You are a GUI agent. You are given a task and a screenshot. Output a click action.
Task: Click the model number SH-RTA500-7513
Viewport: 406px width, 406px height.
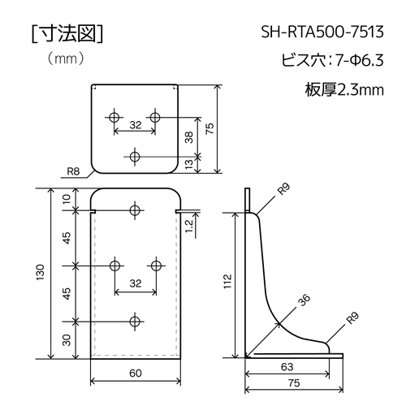[322, 32]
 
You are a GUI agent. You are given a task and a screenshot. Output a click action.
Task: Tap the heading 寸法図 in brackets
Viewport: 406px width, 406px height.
[67, 34]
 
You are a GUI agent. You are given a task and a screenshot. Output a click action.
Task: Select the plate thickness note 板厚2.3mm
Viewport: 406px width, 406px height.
[344, 89]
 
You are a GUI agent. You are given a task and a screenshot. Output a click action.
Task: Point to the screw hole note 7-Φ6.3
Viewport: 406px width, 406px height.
[360, 60]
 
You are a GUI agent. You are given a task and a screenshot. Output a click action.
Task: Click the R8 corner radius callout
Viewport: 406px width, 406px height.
[73, 171]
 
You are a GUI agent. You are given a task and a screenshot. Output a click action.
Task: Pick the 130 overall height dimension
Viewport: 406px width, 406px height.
[41, 272]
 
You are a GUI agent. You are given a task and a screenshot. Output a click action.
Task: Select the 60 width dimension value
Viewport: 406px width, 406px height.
[136, 373]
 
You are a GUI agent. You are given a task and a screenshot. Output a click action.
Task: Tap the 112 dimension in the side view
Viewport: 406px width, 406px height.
[228, 281]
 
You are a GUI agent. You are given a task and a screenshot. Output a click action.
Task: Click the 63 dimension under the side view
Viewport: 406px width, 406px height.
[287, 367]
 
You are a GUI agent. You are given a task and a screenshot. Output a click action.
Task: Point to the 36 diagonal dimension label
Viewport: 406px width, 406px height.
[304, 300]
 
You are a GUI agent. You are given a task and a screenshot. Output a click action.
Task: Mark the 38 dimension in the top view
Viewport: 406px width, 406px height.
[189, 137]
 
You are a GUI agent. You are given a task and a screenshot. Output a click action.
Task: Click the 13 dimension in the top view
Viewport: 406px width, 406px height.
[190, 164]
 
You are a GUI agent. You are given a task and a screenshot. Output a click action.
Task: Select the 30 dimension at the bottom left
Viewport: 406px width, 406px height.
[67, 340]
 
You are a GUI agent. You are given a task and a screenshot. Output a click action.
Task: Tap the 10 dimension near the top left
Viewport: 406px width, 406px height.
[67, 199]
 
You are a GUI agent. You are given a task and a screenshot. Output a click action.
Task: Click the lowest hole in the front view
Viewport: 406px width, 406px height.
[135, 322]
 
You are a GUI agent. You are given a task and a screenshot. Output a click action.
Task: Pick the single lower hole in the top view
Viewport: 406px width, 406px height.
[135, 156]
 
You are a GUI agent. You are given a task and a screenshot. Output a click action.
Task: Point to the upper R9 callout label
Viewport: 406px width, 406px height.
[283, 188]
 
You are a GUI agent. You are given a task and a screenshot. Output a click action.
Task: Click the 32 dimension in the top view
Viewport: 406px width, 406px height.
[136, 125]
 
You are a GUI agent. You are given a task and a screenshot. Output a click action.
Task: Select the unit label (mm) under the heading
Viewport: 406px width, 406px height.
[65, 58]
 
